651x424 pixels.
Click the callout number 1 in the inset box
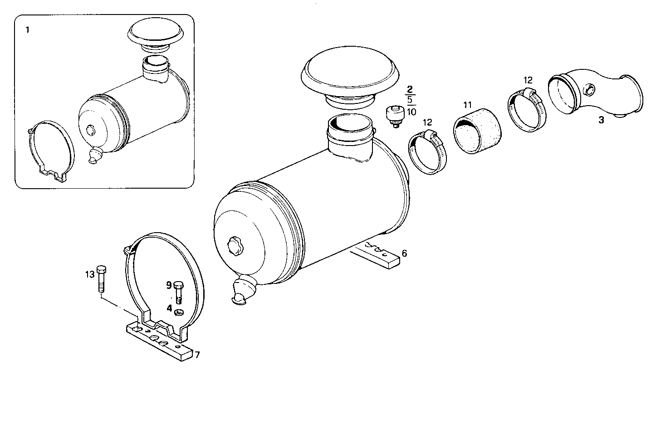pos(28,30)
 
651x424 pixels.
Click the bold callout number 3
pos(601,121)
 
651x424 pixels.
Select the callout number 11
pos(468,105)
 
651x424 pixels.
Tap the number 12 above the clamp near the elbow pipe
pos(528,80)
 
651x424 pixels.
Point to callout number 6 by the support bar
pos(404,253)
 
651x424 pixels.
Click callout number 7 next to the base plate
pos(197,355)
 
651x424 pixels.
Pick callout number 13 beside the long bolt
pos(89,274)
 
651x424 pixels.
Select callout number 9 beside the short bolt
pos(168,285)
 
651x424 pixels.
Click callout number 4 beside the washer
pos(169,308)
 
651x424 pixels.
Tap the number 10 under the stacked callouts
pos(411,112)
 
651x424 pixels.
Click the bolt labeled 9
pos(178,292)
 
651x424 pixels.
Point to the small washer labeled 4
pos(179,311)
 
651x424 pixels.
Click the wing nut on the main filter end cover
pos(236,245)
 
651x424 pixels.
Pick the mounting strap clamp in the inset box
pos(50,150)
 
